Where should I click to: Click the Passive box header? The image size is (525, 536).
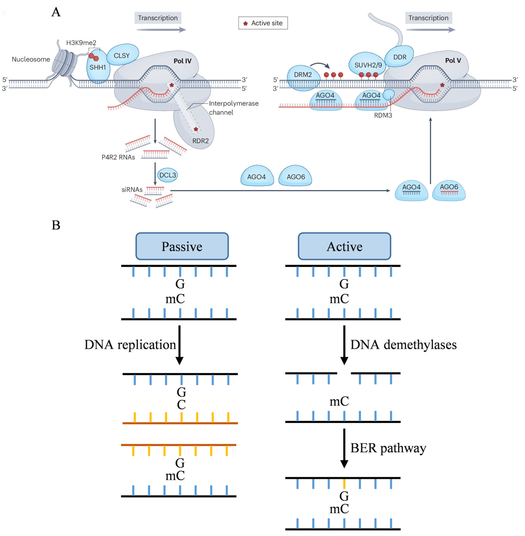point(182,246)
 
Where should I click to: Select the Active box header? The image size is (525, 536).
point(344,246)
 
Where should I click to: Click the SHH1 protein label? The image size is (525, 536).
point(98,67)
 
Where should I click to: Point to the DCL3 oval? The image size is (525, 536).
point(167,175)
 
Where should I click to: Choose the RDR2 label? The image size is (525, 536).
point(201,141)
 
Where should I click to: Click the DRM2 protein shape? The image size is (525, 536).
point(303,78)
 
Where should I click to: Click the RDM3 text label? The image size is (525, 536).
point(383,115)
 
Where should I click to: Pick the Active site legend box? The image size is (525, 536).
point(263,23)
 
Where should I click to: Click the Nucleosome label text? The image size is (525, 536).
point(31,59)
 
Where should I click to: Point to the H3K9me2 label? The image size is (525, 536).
point(81,43)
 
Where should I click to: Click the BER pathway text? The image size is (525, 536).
point(388,448)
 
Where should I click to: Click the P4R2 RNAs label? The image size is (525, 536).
point(118,157)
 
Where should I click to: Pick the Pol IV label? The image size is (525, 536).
point(182,61)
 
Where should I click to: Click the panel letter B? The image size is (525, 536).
point(56,225)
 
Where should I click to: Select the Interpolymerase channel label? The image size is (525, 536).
point(233,108)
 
